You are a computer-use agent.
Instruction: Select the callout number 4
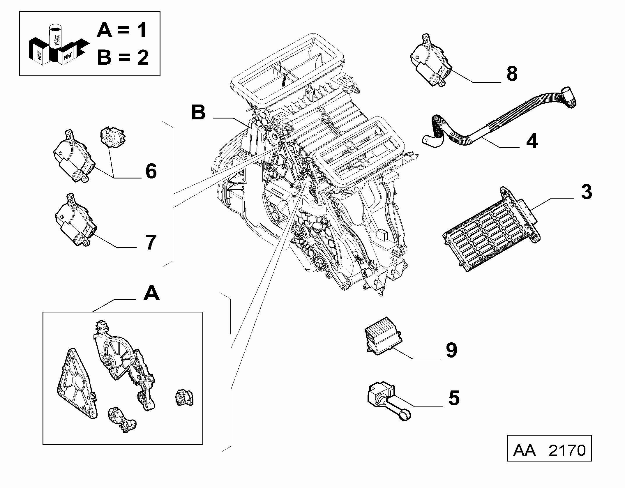pos(532,141)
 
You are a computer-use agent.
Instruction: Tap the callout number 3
pos(586,192)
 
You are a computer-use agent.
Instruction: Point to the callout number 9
pos(451,350)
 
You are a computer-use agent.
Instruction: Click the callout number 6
pos(151,171)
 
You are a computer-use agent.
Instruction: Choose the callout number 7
pos(151,242)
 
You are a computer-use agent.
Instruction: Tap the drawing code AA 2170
pos(549,450)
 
